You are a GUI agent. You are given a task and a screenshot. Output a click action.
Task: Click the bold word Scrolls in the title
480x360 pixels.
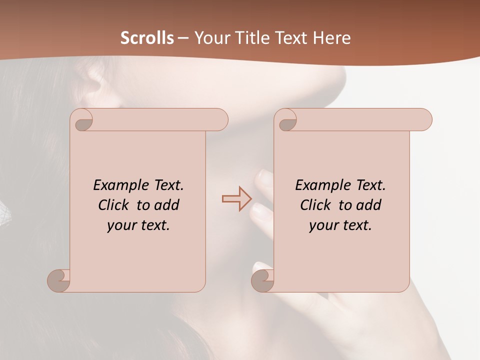point(147,38)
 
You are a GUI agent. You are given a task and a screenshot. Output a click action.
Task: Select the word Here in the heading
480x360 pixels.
point(331,38)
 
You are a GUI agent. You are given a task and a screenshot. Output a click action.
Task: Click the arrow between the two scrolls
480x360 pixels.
point(236,198)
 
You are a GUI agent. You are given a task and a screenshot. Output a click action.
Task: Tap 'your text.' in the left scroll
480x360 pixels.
point(138,225)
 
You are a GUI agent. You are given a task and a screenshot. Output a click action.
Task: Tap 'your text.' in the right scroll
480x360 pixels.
point(340,225)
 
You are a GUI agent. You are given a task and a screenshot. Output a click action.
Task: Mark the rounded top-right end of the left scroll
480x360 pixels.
point(220,119)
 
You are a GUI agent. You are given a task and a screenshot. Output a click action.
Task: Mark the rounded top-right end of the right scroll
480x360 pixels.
point(424,119)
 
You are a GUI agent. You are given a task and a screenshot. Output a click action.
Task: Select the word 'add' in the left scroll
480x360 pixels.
point(167,205)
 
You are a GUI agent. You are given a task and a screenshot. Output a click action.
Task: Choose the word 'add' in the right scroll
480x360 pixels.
point(369,205)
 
